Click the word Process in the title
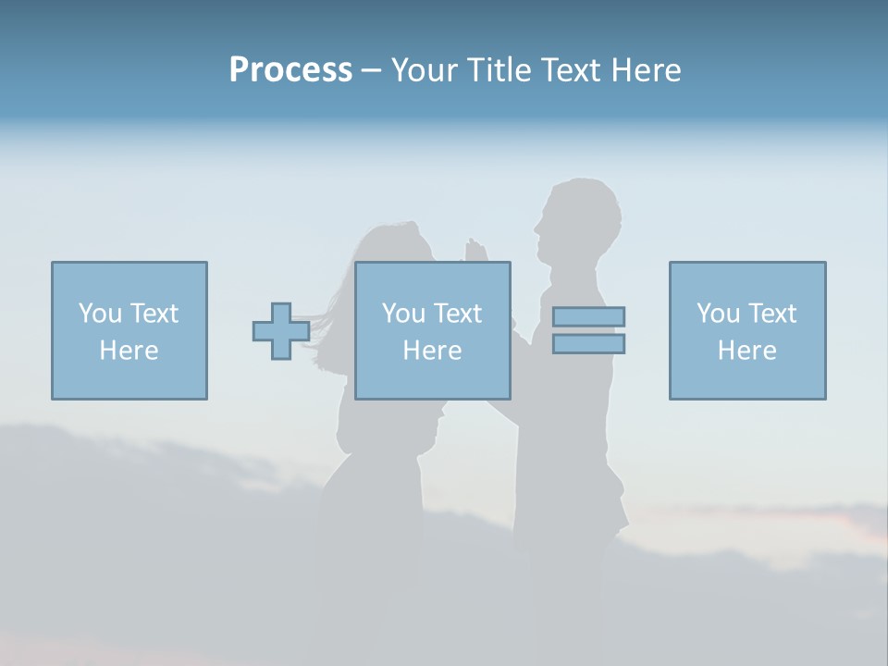[x=290, y=70]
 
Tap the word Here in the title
[x=646, y=70]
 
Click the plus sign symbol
[x=281, y=331]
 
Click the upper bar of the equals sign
[x=588, y=316]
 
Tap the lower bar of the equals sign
[x=588, y=344]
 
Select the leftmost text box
[x=129, y=277]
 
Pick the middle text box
[x=433, y=277]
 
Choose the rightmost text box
[x=747, y=277]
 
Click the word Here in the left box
[x=129, y=351]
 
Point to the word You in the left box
[x=100, y=314]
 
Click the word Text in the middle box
[x=458, y=314]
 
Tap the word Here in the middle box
[x=433, y=351]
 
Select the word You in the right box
[x=718, y=314]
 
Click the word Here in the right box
[x=747, y=351]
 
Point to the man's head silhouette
[x=577, y=217]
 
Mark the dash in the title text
[x=372, y=71]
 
